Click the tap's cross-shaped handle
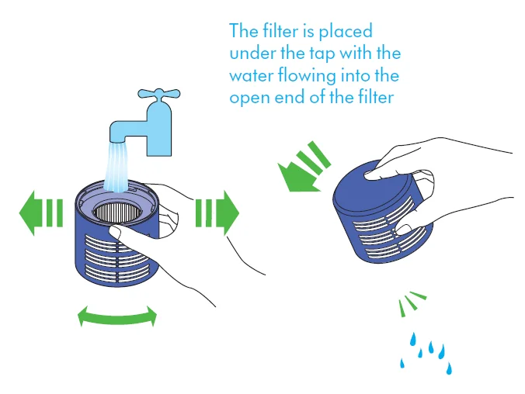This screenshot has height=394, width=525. (x=159, y=95)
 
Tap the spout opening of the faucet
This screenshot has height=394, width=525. (x=117, y=140)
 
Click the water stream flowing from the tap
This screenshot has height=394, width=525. (x=116, y=167)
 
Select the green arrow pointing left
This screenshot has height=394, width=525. (x=41, y=213)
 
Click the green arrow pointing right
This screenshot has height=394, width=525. (x=217, y=213)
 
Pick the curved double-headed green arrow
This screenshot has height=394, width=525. (x=117, y=316)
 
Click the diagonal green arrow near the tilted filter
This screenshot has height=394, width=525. (x=304, y=168)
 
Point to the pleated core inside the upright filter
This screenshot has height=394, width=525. (x=116, y=212)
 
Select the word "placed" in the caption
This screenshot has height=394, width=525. (x=346, y=32)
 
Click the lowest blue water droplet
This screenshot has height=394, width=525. (x=449, y=368)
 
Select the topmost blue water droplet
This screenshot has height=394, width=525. (x=413, y=339)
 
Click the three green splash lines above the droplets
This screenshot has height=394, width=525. (x=412, y=302)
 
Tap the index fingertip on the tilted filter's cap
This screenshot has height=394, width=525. (x=370, y=175)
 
